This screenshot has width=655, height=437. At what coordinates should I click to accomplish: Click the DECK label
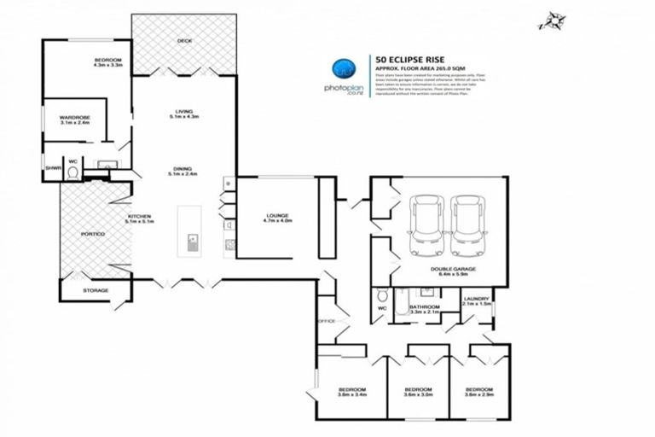pos(183,40)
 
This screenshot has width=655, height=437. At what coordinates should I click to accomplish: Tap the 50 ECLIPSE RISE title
pos(409,59)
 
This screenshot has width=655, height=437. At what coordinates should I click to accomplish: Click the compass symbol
pos(550,20)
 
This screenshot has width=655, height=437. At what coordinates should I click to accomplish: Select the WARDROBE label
pos(75,119)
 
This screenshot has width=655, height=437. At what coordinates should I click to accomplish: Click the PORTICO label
pos(93,234)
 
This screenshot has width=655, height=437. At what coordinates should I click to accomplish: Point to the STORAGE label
pos(96,291)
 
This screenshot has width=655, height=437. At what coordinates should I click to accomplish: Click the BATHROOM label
pos(424,307)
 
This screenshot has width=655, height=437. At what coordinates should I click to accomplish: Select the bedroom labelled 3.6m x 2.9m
pos(478,393)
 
